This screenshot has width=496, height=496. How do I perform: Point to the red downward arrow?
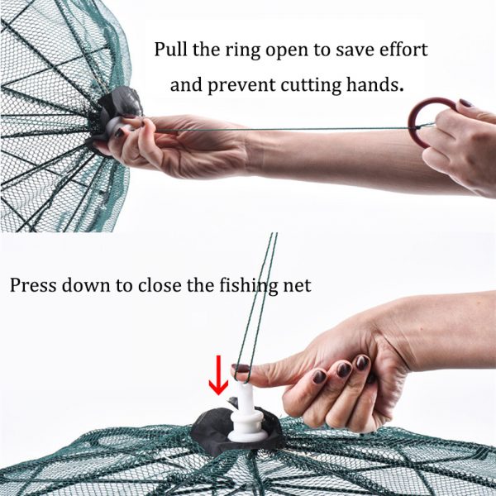click(218, 376)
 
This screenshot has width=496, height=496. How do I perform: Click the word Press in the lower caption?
click(31, 286)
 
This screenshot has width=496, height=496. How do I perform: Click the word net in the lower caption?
click(297, 287)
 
